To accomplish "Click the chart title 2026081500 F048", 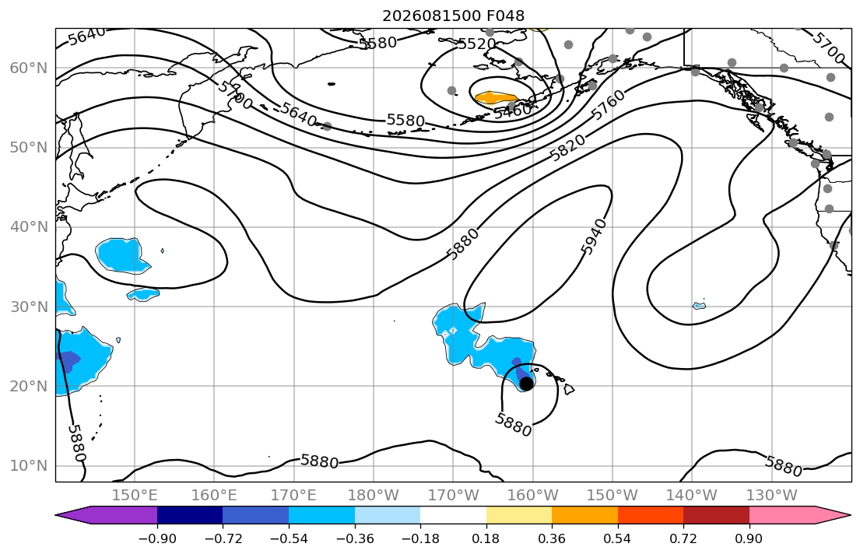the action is [x=453, y=16].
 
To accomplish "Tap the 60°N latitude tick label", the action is [x=29, y=68].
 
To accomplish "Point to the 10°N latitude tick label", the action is [x=29, y=466].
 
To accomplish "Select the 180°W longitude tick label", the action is [x=374, y=496].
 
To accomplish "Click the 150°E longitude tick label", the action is [x=135, y=496].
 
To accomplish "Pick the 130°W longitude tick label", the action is [x=772, y=496].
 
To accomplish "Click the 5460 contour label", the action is [x=513, y=110].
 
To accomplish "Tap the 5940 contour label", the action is [x=594, y=237].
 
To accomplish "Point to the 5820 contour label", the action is [x=567, y=148].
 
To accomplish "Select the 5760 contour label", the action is [x=608, y=105].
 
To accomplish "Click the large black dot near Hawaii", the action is [x=526, y=384].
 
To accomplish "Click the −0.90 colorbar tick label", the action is [x=157, y=538].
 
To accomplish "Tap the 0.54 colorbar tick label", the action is [x=618, y=538].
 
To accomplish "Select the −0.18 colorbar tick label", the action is [x=420, y=538].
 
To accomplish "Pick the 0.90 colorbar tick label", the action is [x=749, y=538].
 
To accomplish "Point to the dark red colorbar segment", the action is [x=716, y=515].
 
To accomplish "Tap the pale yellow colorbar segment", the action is [x=519, y=515].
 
